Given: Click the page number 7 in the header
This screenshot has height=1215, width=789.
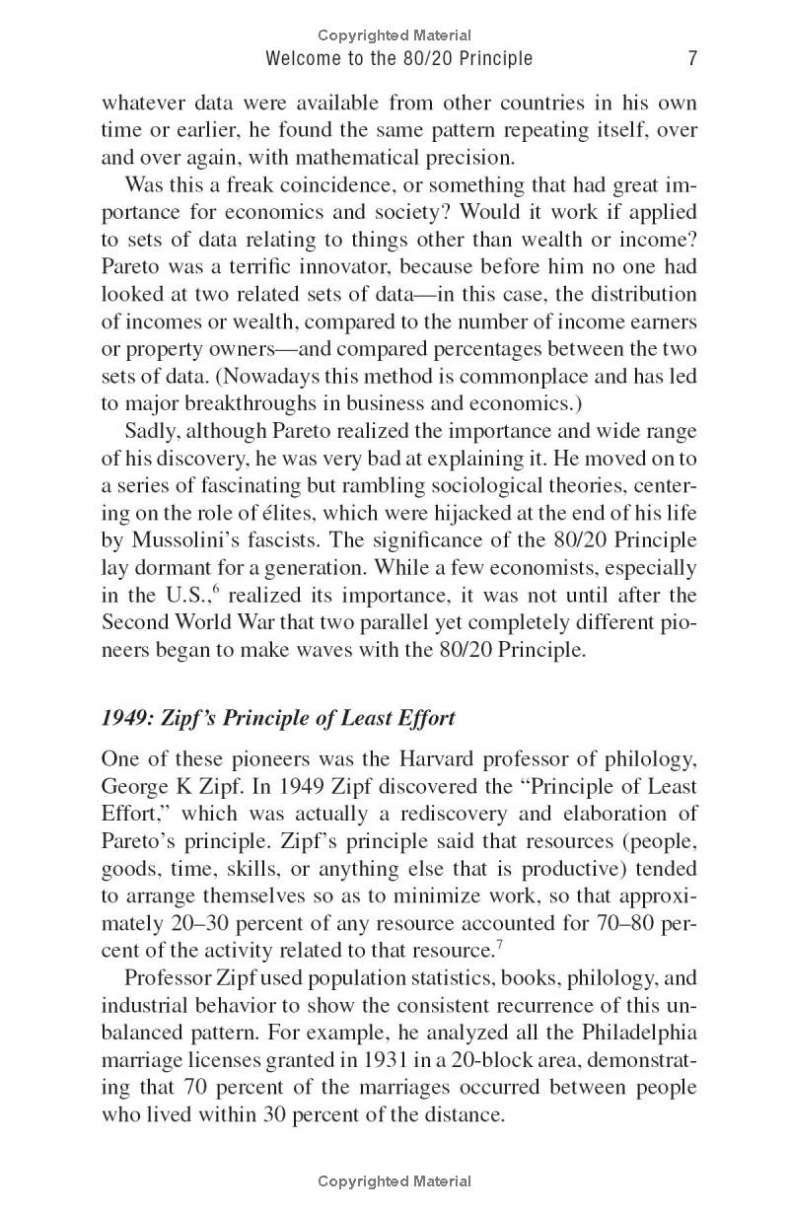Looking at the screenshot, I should click(692, 59).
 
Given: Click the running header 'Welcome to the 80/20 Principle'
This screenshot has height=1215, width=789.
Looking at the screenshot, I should click(399, 59).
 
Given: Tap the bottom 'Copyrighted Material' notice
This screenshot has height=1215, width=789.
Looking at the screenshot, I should click(394, 1180).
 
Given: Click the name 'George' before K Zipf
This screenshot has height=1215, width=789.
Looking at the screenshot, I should click(134, 787).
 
